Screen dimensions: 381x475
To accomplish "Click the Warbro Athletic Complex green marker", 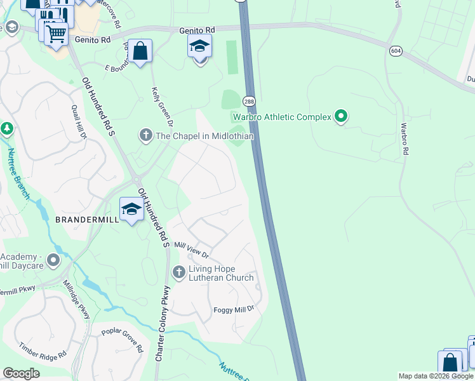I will (x=341, y=116).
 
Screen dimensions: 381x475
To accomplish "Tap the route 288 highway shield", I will (x=248, y=102).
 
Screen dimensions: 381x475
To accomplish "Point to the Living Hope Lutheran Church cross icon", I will (x=178, y=272).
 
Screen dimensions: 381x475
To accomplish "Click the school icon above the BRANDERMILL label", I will (x=131, y=209).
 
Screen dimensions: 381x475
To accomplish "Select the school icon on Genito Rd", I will (x=199, y=46).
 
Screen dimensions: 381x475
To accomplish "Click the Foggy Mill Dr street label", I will (x=233, y=309).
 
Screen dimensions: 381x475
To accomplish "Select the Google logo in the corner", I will (x=22, y=373).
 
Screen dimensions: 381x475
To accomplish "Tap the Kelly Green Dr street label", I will (x=161, y=104).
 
